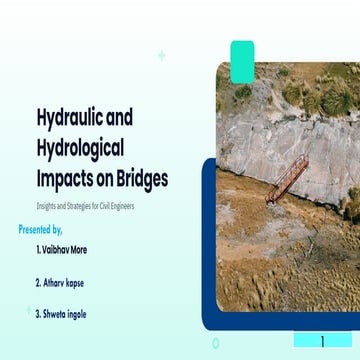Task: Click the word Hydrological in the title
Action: pyautogui.click(x=80, y=149)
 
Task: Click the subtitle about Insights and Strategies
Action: pyautogui.click(x=84, y=206)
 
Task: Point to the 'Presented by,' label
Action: pyautogui.click(x=47, y=229)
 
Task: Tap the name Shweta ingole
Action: pyautogui.click(x=64, y=314)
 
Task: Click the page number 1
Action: pyautogui.click(x=322, y=341)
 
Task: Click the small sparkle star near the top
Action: pyautogui.click(x=162, y=55)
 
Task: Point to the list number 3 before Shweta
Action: pyautogui.click(x=37, y=314)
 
